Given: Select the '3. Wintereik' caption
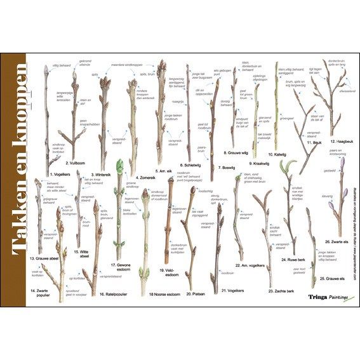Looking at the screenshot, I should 103,174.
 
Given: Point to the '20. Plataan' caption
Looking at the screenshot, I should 196,295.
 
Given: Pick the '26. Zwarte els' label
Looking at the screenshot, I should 335,241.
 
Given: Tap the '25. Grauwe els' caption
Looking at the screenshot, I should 331,278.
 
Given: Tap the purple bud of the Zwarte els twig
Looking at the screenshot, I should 343,164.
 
